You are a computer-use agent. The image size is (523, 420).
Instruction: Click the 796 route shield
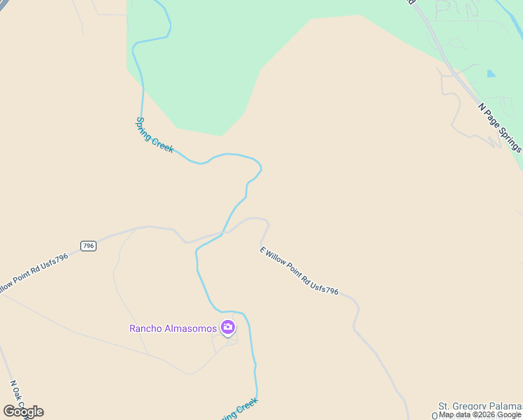coord(88,246)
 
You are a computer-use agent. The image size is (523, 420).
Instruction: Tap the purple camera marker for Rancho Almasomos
coord(228,327)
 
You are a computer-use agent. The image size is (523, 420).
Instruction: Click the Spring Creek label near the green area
coord(154,135)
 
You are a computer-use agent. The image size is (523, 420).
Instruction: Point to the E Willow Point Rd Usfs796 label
coord(299,270)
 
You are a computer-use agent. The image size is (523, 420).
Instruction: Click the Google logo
coord(23,411)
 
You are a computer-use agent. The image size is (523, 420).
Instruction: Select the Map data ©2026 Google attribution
coord(480,414)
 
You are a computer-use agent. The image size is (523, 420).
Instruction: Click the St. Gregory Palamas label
coord(480,406)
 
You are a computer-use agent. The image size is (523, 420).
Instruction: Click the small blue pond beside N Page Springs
coord(491,73)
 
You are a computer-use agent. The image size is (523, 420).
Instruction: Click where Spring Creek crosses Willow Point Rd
coord(223,233)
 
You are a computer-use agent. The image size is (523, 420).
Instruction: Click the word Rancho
coord(145,328)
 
